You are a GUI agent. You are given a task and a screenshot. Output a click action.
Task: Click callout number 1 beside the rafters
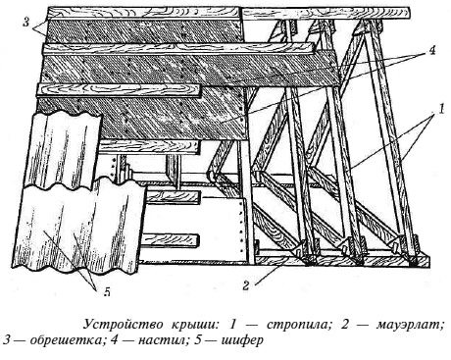pyautogui.click(x=441, y=109)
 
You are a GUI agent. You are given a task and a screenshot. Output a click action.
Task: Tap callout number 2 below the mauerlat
pyautogui.click(x=246, y=285)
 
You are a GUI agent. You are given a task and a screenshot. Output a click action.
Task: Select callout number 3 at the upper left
pyautogui.click(x=26, y=23)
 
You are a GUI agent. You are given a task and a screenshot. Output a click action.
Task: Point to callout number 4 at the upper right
pyautogui.click(x=432, y=51)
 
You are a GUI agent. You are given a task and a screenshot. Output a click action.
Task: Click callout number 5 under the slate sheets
pyautogui.click(x=107, y=291)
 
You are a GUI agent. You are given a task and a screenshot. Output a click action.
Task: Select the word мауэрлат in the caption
pyautogui.click(x=410, y=325)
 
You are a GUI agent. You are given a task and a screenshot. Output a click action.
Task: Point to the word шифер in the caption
pyautogui.click(x=242, y=340)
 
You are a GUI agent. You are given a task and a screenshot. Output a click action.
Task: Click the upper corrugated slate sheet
pyautogui.click(x=62, y=147)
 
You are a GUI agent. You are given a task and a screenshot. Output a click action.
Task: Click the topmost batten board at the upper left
pyautogui.click(x=144, y=13)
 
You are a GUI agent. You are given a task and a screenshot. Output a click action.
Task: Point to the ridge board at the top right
pyautogui.click(x=326, y=13)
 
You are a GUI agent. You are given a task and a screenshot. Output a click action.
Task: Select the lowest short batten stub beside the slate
pyautogui.click(x=170, y=240)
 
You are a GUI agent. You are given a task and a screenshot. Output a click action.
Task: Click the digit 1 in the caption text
pyautogui.click(x=232, y=325)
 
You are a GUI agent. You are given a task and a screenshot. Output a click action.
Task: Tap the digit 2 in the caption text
pyautogui.click(x=346, y=325)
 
